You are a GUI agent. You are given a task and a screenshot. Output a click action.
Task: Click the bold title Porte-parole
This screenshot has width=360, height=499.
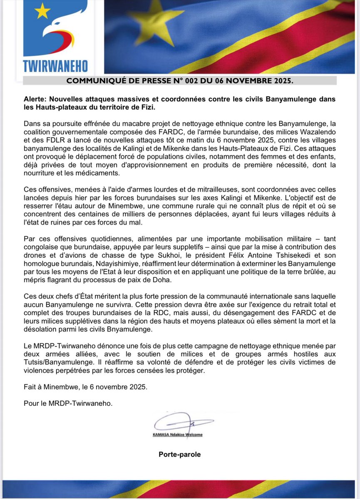point(179,455)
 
